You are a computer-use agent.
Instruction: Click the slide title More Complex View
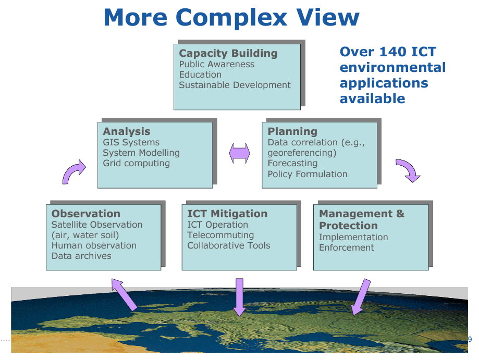click(231, 17)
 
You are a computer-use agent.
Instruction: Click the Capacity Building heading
click(228, 54)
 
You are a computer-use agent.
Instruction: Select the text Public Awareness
click(217, 64)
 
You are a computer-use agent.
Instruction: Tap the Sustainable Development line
click(235, 85)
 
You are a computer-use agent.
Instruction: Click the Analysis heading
click(127, 132)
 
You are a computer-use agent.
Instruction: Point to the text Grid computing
click(136, 164)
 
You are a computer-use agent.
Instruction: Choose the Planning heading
click(292, 131)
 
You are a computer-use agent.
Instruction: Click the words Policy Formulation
click(308, 174)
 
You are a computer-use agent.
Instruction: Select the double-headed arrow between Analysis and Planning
click(240, 153)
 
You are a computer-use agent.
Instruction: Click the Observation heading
click(86, 214)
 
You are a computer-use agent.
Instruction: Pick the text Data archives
click(81, 256)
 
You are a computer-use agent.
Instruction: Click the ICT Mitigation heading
click(227, 214)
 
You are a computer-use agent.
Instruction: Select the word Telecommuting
click(220, 235)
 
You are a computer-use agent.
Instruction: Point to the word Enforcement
click(347, 247)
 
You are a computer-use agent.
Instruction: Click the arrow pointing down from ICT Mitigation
click(240, 297)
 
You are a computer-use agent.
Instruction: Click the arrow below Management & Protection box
click(361, 297)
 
